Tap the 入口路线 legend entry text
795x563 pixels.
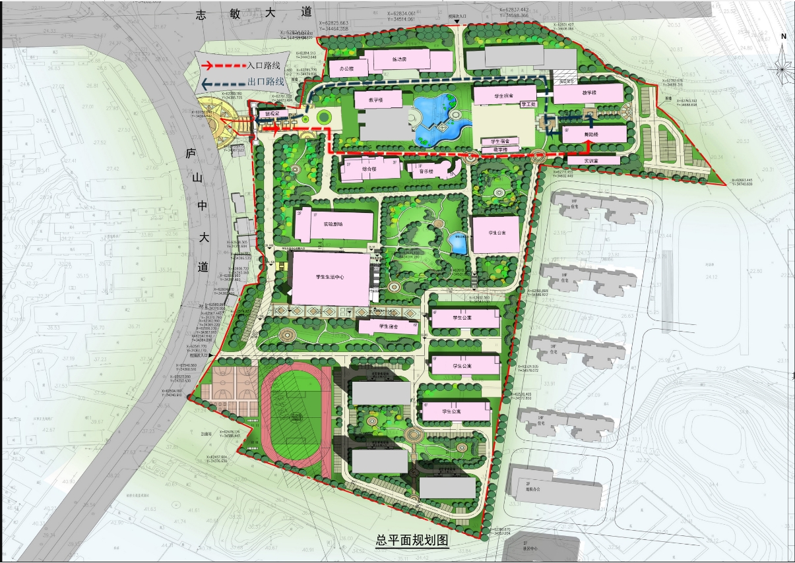point(264,65)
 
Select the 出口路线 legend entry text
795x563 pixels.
point(265,82)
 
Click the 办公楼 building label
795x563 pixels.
point(347,68)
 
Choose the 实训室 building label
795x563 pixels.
point(592,160)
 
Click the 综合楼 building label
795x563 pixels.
point(369,169)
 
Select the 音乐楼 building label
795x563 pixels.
point(426,171)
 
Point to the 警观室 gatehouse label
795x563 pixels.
point(272,114)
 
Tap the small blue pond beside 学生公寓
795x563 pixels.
point(459,243)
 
